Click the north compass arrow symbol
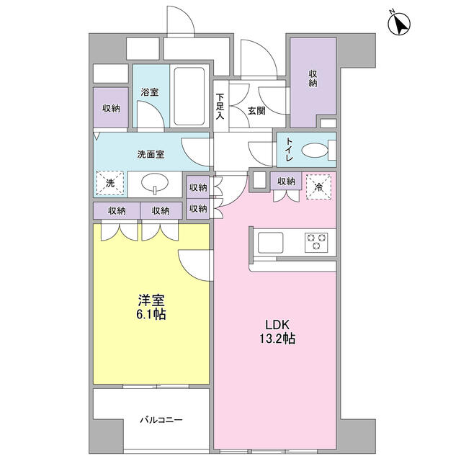(398, 24)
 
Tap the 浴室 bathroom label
(150, 93)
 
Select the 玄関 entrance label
(256, 110)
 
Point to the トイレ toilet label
(289, 149)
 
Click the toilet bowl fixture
(315, 151)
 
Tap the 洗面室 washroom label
(151, 153)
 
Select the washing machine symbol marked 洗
(110, 183)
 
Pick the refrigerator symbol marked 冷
(318, 186)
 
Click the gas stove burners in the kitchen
(316, 241)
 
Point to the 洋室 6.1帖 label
(152, 308)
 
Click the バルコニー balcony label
(161, 419)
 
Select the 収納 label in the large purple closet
(313, 79)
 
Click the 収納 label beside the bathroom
(110, 108)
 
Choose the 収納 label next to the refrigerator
(286, 181)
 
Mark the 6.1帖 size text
(152, 315)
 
